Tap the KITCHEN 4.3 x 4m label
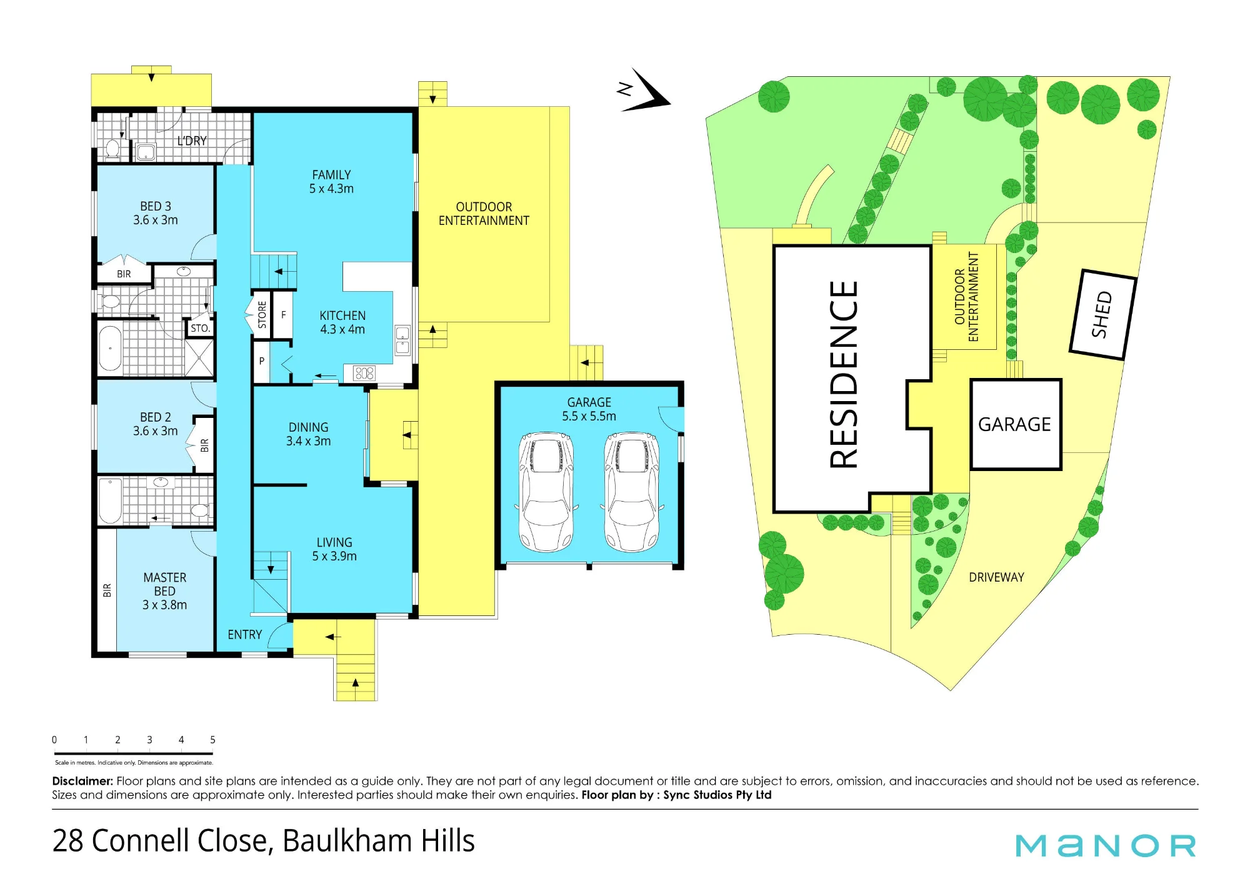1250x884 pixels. (x=342, y=322)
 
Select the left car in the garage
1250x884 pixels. (x=546, y=492)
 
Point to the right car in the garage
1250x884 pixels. (x=631, y=492)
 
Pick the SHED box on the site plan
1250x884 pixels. (x=1103, y=314)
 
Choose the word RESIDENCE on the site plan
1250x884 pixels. (x=844, y=374)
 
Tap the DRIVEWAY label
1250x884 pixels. (x=996, y=577)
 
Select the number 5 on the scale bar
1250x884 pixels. (x=212, y=740)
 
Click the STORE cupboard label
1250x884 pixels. (x=262, y=315)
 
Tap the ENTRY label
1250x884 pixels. (x=244, y=635)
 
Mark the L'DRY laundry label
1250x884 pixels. (x=192, y=141)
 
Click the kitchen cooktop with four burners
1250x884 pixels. (x=364, y=373)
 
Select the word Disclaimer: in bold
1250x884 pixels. (x=82, y=781)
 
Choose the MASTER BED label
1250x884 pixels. (x=164, y=591)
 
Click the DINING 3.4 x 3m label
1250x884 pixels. (x=308, y=434)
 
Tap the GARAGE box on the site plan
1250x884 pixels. (x=1016, y=424)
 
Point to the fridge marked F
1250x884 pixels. (x=283, y=315)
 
